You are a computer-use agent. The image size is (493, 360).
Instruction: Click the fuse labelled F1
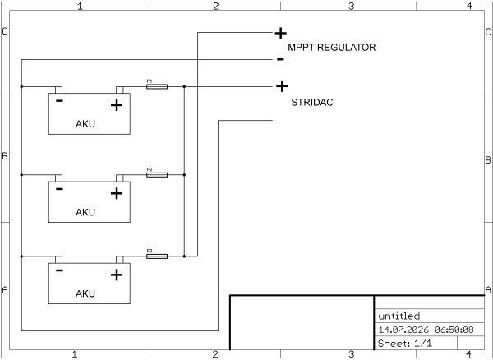pos(157,86)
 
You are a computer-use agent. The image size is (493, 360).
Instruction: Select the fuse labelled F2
pos(157,175)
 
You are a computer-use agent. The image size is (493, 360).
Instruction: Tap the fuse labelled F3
pos(157,256)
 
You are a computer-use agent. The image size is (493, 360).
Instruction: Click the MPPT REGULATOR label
pos(332,48)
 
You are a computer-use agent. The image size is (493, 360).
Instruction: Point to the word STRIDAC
pos(312,103)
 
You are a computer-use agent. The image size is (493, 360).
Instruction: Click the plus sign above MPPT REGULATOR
pos(280,33)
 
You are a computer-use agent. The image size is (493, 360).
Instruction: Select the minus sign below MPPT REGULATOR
pos(280,59)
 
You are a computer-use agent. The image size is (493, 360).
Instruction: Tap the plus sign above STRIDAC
pos(282,86)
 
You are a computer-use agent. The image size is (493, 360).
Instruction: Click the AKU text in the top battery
pos(85,124)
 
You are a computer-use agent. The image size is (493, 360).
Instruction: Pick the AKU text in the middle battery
pos(85,212)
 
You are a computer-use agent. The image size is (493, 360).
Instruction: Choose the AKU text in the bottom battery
pos(85,293)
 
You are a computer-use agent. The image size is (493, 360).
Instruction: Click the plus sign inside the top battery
pos(117,105)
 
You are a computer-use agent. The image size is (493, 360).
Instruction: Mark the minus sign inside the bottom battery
pos(59,270)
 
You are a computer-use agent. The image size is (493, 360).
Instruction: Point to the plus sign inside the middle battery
pos(117,193)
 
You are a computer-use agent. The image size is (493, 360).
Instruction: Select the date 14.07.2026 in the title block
pos(403,330)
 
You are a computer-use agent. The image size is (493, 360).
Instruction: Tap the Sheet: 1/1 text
pos(405,343)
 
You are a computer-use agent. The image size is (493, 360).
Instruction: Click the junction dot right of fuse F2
pos(184,175)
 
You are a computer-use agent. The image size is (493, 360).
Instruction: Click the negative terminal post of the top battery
pos(58,90)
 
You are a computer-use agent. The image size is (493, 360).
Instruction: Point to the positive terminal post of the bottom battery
pos(120,260)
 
